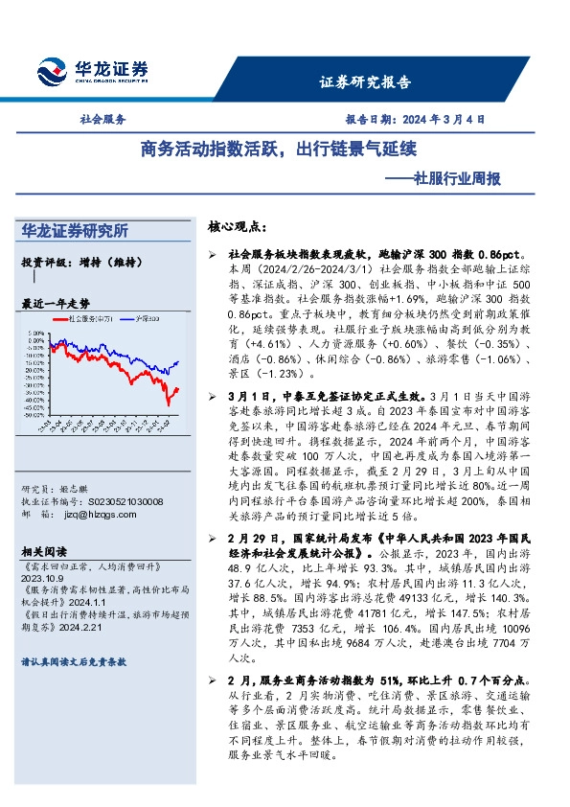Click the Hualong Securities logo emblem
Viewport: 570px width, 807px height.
[x=51, y=71]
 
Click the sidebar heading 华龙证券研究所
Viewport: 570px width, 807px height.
[x=75, y=231]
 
